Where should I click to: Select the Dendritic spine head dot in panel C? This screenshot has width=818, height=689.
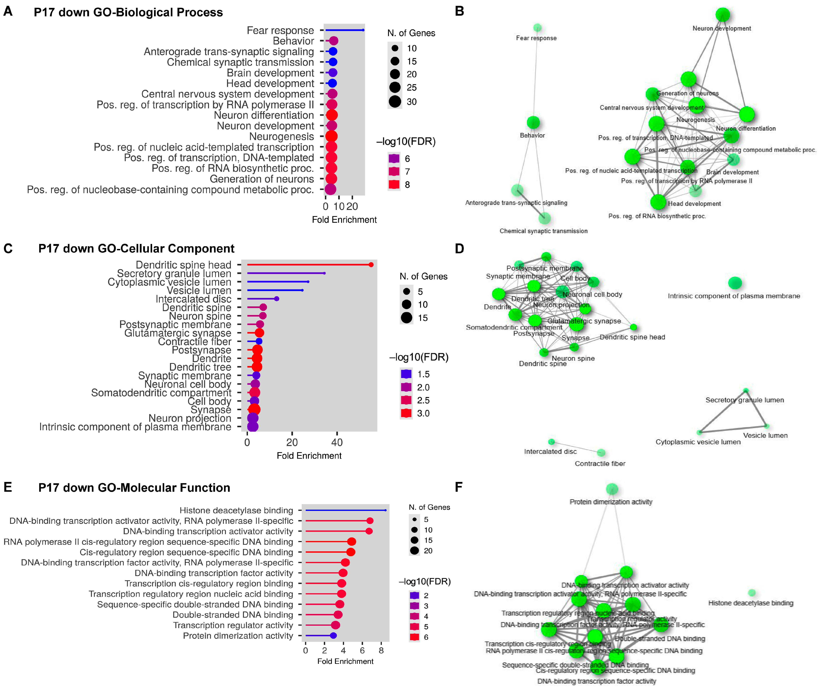[371, 265]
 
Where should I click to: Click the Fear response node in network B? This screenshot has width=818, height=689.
[537, 28]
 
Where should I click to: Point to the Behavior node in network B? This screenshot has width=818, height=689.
[533, 122]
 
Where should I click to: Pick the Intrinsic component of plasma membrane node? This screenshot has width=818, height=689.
[735, 283]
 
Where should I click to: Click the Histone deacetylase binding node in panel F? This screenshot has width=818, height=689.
[752, 593]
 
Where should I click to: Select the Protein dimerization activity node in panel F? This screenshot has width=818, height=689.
[612, 489]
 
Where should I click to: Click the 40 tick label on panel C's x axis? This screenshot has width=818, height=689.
[336, 443]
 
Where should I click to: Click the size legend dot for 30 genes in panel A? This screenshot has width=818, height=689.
[395, 102]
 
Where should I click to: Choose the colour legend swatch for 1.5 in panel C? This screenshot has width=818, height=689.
[406, 374]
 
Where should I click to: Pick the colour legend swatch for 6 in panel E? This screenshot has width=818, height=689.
[414, 637]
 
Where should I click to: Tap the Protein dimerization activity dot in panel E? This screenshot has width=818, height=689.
[333, 635]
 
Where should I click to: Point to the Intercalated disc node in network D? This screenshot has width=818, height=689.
[551, 442]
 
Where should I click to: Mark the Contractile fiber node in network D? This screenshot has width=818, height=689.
[601, 453]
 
